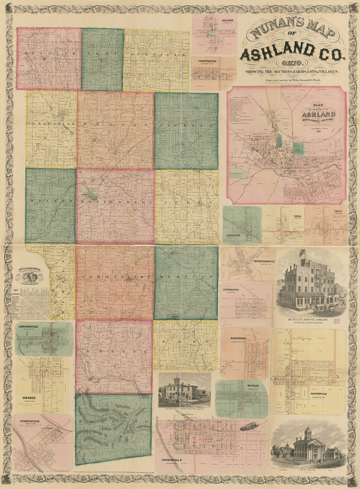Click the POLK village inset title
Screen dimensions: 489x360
[297, 216]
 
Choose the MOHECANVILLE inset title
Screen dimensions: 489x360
[262, 261]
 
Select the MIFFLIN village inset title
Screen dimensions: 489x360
[253, 386]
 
